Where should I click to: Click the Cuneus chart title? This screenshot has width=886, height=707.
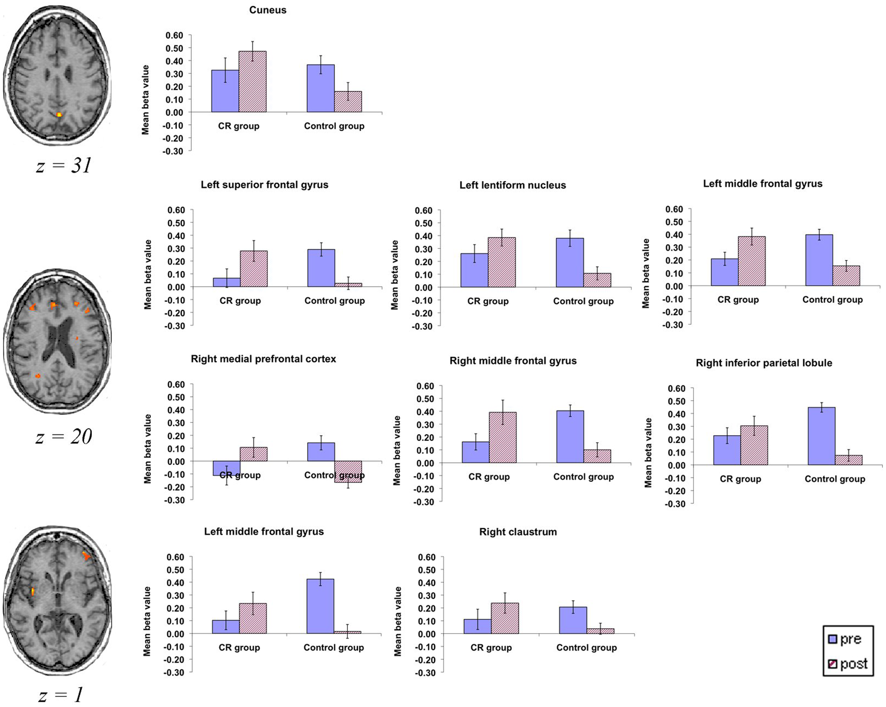(268, 10)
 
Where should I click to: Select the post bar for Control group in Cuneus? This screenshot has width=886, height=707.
(348, 102)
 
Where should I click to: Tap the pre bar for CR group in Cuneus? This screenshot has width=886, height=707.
(225, 91)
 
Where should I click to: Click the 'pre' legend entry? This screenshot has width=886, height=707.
(845, 639)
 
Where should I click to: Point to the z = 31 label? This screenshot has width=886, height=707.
(64, 166)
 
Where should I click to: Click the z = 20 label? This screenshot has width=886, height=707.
(64, 437)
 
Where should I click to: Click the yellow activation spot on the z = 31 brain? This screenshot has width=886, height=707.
(59, 115)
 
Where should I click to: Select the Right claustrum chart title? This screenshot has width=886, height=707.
(518, 532)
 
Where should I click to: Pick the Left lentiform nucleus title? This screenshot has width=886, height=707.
(513, 185)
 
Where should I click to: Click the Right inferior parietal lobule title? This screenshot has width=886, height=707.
(764, 363)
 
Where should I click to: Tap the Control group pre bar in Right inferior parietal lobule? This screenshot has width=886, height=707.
(821, 436)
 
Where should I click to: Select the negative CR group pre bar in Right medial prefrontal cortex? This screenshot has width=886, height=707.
(226, 468)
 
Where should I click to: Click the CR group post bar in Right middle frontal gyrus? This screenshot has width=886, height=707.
(503, 438)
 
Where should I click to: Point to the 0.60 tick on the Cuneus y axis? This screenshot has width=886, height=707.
(174, 35)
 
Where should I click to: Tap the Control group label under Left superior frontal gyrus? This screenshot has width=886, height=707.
(334, 301)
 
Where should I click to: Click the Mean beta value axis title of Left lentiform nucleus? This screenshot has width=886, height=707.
(395, 275)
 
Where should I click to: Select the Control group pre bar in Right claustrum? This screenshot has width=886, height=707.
(573, 620)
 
